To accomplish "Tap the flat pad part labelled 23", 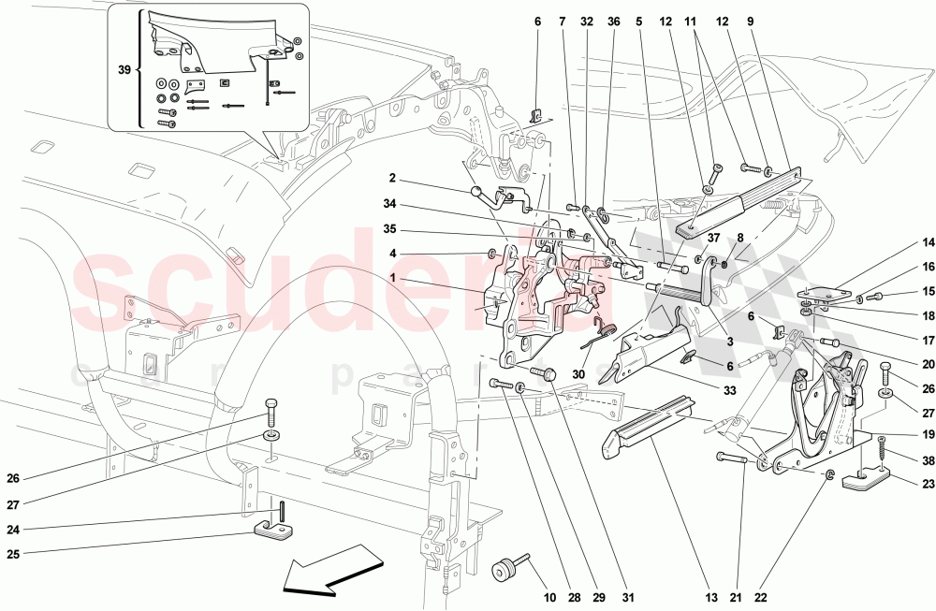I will [862, 483].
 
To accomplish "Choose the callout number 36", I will [614, 22].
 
